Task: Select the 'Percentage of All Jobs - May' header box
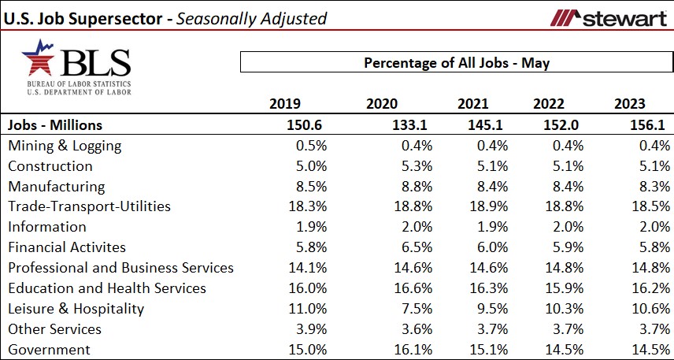coord(456,63)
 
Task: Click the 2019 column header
coord(285,104)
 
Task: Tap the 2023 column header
coord(630,104)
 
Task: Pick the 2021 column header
coord(473,104)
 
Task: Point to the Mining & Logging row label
coord(65,146)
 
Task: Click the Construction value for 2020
coord(386,166)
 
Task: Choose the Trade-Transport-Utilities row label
coord(89,207)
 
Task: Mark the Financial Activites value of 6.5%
coord(386,247)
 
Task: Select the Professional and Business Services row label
coord(120,268)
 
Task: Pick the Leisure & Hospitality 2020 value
coord(386,309)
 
